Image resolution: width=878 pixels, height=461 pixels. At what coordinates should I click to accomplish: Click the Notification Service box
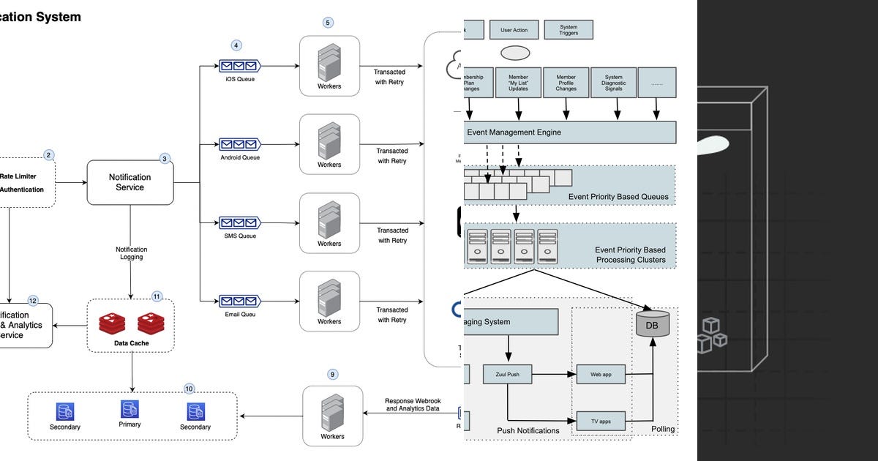coord(130,182)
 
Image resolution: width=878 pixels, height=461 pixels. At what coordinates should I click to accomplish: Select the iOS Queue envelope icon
coord(240,66)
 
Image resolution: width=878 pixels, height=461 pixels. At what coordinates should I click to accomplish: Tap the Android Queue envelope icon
coord(240,144)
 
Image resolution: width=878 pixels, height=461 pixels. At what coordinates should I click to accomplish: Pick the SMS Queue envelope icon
coord(240,222)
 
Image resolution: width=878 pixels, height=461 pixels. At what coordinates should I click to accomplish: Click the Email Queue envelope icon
coord(240,300)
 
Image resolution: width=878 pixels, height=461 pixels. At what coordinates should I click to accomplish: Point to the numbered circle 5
coord(328,23)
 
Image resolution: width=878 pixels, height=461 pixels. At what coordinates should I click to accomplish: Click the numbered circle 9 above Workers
coord(332,374)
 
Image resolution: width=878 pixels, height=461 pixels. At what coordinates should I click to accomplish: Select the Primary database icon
coord(130,409)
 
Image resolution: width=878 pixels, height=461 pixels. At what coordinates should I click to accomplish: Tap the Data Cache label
coord(131,342)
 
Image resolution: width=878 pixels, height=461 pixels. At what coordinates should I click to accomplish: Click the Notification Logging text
coord(131,253)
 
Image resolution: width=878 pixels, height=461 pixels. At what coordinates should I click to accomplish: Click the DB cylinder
coord(652,323)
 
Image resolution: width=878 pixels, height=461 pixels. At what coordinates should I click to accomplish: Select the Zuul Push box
coord(506,374)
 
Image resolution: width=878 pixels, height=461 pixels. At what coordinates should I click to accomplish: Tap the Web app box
coord(601,374)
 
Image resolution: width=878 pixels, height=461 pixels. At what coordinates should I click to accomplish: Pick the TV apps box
coord(601,421)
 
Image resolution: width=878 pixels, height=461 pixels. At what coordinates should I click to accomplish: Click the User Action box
coord(519,30)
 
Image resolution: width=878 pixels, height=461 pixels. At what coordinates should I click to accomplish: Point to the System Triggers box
coord(569,30)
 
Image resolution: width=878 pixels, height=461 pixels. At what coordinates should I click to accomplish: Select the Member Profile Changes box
coord(566,83)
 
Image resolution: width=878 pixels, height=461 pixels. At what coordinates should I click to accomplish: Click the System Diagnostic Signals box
coord(614,83)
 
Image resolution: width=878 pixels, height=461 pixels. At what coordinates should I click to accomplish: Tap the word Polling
coord(663,429)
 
